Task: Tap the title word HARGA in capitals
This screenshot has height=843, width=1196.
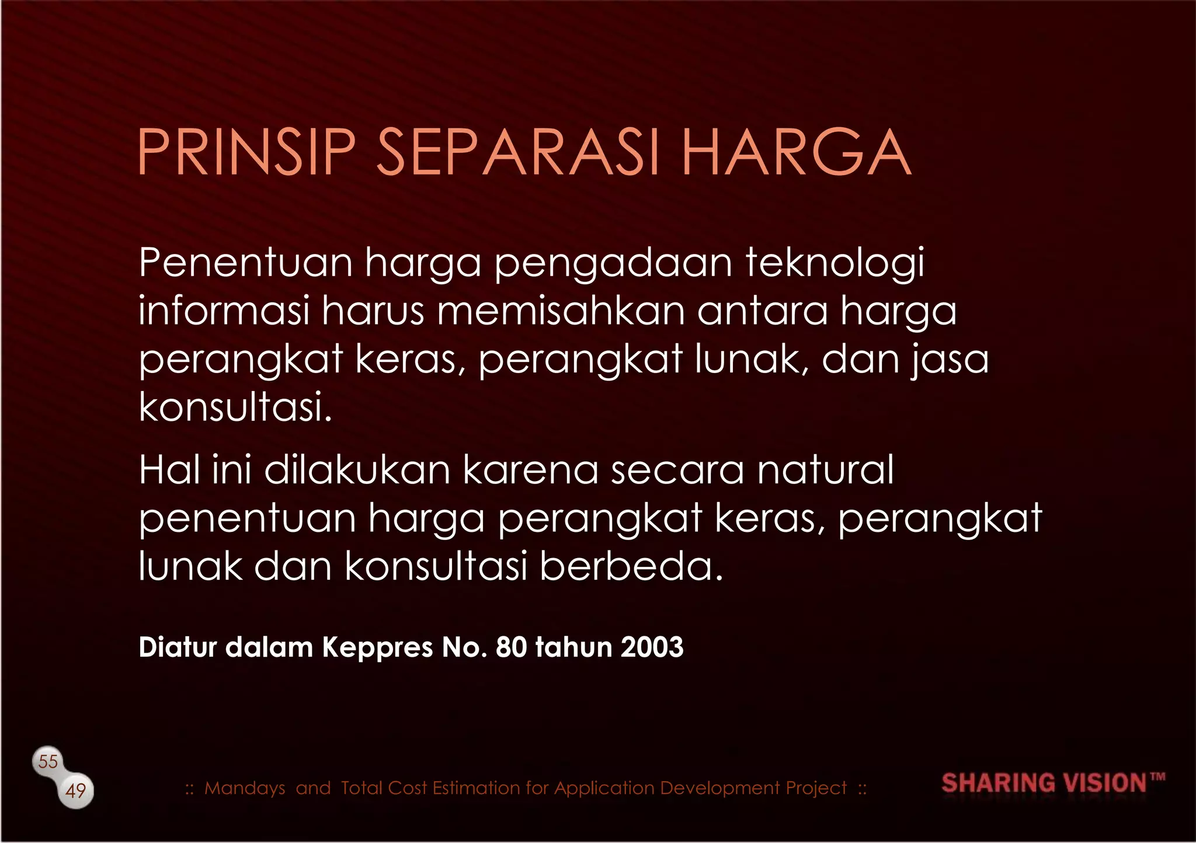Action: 796,152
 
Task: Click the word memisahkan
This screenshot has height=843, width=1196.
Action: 561,311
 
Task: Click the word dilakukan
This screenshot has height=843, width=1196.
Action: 357,469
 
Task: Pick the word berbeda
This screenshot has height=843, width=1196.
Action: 631,566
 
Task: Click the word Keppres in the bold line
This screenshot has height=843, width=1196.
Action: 377,647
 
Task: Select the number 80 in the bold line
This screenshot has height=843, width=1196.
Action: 511,647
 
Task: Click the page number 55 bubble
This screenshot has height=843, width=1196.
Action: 48,761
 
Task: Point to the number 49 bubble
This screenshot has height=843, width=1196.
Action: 76,791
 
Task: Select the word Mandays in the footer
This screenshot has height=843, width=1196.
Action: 245,789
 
